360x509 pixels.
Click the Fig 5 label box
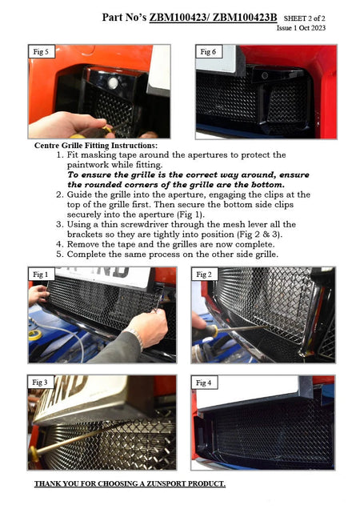42,51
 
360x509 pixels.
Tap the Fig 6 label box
209,51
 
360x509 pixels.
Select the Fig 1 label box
41,275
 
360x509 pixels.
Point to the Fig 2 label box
204,275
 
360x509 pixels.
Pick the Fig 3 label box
40,382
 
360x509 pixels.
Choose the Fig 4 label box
204,383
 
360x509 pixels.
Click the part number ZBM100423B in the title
245,17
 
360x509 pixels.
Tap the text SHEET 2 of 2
305,18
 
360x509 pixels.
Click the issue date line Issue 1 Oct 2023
301,28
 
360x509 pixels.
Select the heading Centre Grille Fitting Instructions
96,146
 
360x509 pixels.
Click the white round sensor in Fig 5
113,82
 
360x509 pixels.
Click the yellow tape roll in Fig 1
35,335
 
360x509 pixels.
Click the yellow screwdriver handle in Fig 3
33,454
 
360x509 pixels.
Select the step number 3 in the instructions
59,225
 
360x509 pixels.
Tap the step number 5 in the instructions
59,254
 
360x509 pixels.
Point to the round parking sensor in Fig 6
265,76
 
